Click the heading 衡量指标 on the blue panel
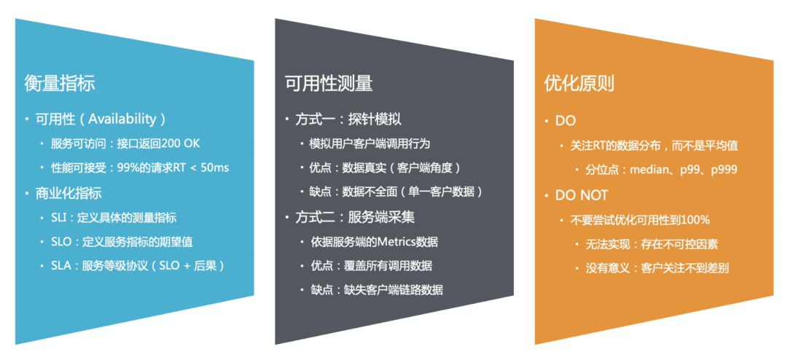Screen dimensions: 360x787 pyautogui.click(x=60, y=83)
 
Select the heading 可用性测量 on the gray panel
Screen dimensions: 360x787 pyautogui.click(x=329, y=83)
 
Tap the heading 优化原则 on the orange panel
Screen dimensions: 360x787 pyautogui.click(x=579, y=83)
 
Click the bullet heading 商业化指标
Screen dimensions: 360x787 pyautogui.click(x=68, y=193)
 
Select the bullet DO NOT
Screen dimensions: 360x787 pyautogui.click(x=582, y=195)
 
